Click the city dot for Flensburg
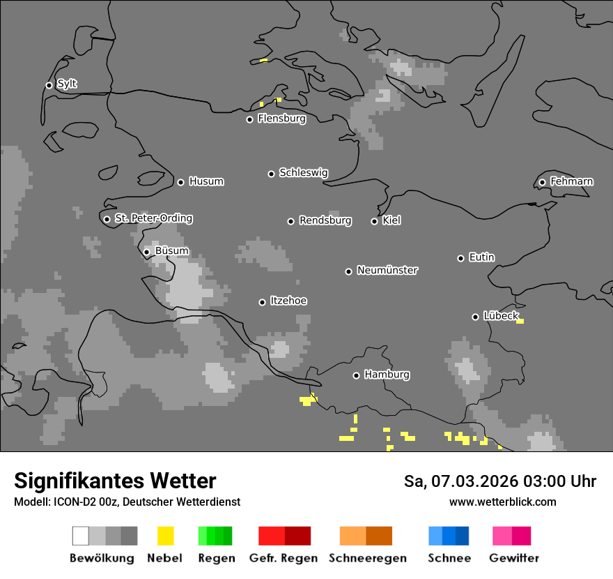click(249, 119)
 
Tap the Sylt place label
click(67, 84)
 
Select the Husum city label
click(206, 181)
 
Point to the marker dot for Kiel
click(374, 221)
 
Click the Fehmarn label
click(571, 181)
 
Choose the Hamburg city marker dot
click(356, 375)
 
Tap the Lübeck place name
click(501, 316)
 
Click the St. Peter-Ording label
click(153, 218)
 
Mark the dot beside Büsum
click(146, 252)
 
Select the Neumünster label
click(387, 270)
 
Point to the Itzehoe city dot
click(262, 302)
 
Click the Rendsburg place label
click(325, 220)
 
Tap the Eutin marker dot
click(460, 258)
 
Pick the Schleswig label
click(304, 172)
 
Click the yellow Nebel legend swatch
click(165, 536)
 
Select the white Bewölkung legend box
click(81, 536)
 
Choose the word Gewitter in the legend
click(514, 558)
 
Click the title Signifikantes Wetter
click(115, 481)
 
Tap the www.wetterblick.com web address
click(502, 502)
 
